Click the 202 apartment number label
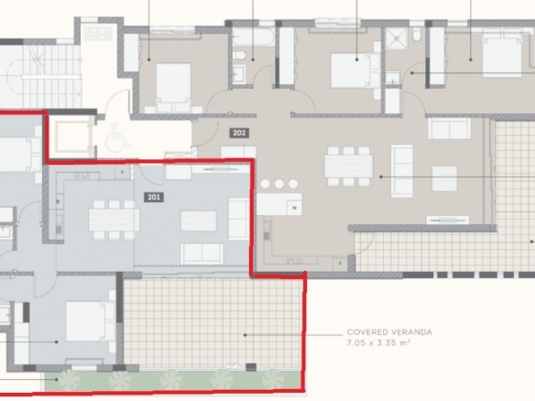239,133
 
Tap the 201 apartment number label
154,197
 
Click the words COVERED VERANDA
389,331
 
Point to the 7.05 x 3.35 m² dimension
378,342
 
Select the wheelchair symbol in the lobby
116,137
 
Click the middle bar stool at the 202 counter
279,184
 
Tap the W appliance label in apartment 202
294,207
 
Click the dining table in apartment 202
348,166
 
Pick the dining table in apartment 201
114,220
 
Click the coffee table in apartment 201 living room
198,221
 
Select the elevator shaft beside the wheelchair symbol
71,137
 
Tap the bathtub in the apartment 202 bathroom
254,37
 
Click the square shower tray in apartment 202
396,38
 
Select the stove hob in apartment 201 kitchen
82,175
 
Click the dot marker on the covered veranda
245,335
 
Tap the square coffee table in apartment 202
444,179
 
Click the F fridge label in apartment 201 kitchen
122,172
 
